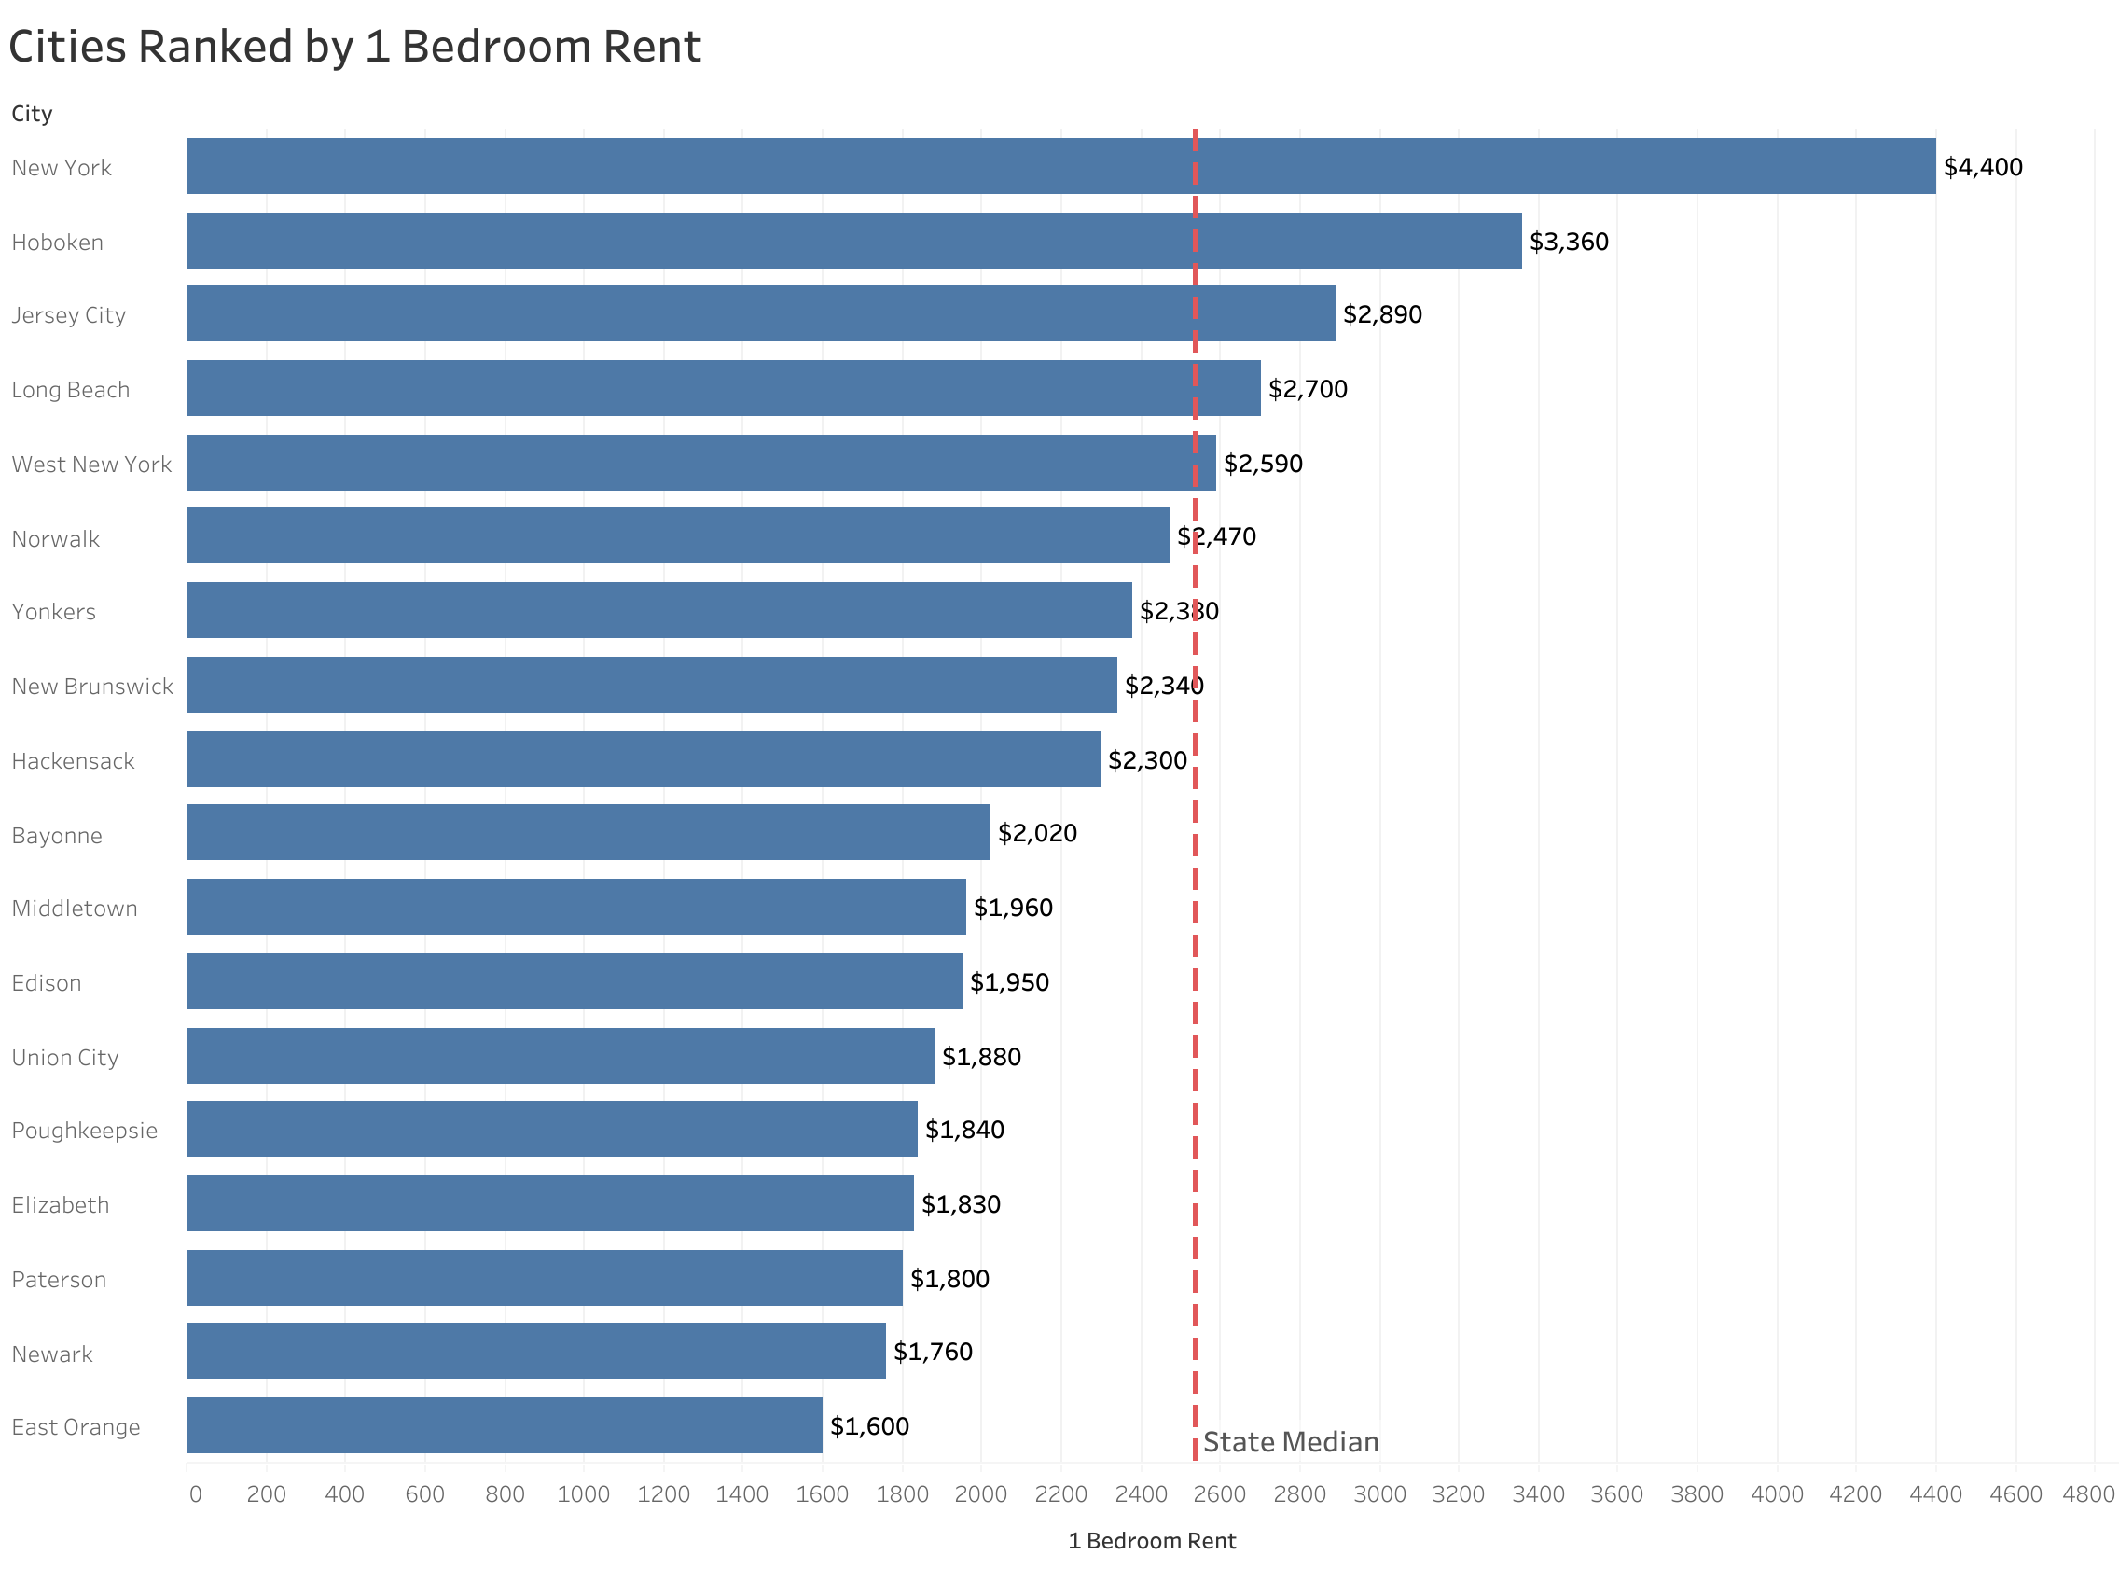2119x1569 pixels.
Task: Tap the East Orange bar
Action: (505, 1424)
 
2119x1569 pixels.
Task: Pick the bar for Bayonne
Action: (588, 832)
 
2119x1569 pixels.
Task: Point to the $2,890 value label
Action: (1381, 314)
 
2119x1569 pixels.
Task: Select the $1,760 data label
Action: (933, 1351)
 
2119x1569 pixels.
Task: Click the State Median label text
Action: (1289, 1442)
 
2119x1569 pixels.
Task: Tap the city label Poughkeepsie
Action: (85, 1131)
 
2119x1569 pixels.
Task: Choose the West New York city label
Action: (91, 465)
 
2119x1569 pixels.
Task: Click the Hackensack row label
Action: (73, 761)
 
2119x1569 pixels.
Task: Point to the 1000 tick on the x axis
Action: (583, 1494)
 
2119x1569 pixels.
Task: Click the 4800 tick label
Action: (2087, 1494)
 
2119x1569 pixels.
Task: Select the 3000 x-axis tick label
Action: (1378, 1494)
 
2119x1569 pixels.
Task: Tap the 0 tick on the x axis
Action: (195, 1494)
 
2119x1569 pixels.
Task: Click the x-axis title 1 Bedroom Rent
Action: (1152, 1540)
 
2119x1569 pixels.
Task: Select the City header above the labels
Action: (32, 114)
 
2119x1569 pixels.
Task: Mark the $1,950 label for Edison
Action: (1008, 981)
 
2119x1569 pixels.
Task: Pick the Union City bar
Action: (561, 1055)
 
